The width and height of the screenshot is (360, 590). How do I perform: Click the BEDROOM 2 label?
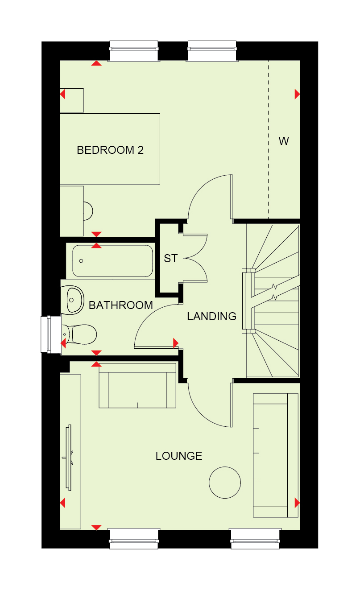[x=110, y=150]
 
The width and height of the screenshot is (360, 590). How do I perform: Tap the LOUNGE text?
[x=179, y=456]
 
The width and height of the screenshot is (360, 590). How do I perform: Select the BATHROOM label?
[x=121, y=305]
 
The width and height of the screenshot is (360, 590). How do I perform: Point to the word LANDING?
[x=211, y=316]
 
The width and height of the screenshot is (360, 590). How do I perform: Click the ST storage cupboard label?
[x=171, y=258]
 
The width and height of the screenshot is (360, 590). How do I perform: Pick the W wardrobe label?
[x=284, y=141]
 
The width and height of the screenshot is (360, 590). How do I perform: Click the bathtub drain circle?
[x=81, y=261]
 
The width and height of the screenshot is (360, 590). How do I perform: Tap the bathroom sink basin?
[x=72, y=300]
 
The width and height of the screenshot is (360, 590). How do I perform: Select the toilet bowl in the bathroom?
[x=80, y=335]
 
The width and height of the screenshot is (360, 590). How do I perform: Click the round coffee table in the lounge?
[x=225, y=483]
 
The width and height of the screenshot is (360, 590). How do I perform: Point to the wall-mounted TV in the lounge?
[x=69, y=458]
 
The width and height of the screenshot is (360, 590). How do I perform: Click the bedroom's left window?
[x=134, y=51]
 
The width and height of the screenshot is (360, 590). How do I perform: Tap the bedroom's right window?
[x=212, y=51]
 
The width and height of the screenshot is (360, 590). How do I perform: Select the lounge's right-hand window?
[x=255, y=538]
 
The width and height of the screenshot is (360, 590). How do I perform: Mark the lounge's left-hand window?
[x=134, y=538]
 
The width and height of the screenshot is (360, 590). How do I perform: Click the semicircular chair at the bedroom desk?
[x=88, y=211]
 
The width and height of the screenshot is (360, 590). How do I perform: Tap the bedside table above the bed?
[x=72, y=100]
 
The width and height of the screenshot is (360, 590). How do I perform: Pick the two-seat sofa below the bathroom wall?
[x=137, y=386]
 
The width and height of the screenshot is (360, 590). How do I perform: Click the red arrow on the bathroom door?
[x=176, y=343]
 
